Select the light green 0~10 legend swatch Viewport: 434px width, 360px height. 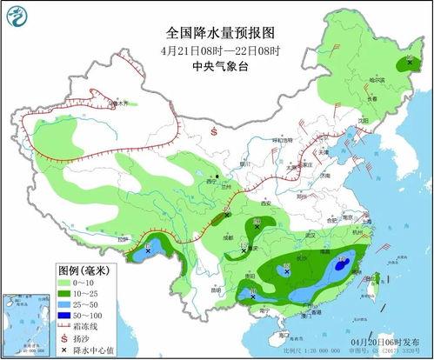click(22, 283)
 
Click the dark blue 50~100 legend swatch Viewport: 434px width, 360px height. click(22, 319)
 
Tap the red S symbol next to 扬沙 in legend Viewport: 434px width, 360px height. click(23, 341)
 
